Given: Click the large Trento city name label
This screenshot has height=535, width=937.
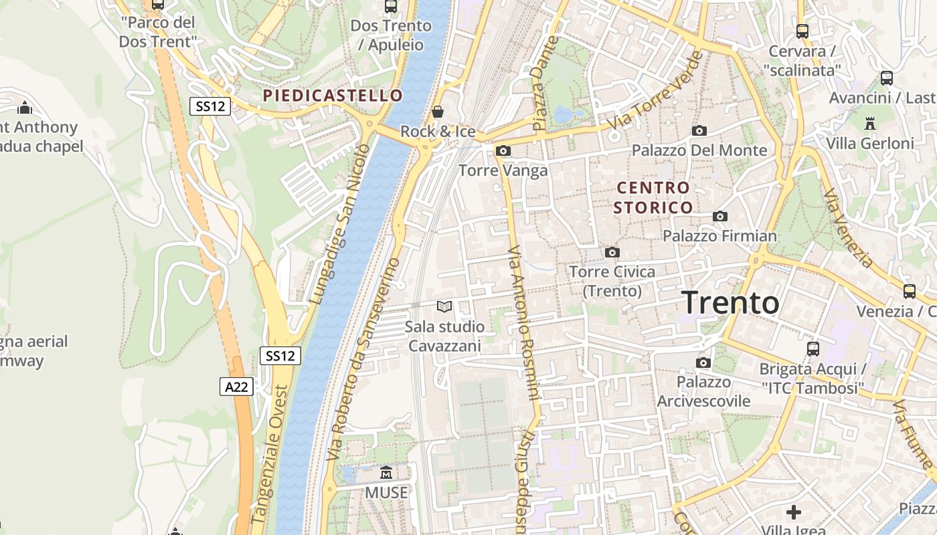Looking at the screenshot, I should click(730, 303).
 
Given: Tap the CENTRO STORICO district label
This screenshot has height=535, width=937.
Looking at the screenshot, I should click(653, 197).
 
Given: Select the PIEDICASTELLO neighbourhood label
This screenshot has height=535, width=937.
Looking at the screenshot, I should click(333, 96).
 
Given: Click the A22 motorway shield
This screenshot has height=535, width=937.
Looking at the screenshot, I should click(236, 386).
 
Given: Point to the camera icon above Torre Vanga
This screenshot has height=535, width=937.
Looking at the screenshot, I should click(503, 151).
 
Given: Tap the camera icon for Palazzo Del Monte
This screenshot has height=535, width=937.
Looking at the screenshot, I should click(699, 130).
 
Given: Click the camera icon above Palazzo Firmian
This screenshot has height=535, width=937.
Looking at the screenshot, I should click(720, 216).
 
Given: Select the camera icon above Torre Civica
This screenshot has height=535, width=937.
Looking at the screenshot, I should click(612, 252).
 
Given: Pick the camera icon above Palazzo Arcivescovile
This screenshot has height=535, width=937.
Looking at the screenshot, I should click(703, 362).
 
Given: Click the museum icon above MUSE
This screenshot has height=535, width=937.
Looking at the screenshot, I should click(386, 473).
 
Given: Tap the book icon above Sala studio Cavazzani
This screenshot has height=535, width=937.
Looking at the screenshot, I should click(444, 307).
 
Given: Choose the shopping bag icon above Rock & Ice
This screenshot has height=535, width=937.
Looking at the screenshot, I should click(438, 112).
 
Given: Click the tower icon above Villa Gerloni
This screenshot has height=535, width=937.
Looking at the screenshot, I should click(870, 123).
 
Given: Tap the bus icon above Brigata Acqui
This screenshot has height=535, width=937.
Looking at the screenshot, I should click(813, 348).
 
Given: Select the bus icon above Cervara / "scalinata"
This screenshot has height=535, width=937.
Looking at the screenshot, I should click(802, 31).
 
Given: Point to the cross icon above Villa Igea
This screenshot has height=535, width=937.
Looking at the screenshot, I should click(794, 512).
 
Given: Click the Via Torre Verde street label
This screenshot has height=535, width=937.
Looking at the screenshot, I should click(656, 91).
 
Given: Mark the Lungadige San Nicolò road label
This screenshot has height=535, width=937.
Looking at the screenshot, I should click(339, 224).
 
